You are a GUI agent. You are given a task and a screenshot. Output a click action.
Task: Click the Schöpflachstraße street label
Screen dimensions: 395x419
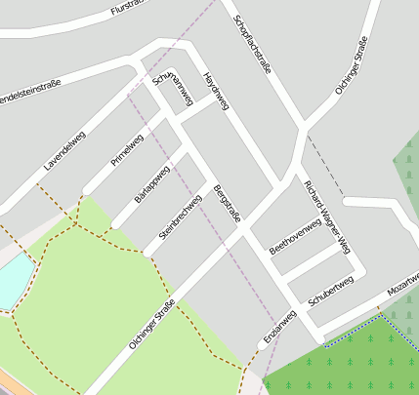coord(252,44)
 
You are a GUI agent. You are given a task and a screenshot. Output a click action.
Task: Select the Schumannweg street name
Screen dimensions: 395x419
coord(174,92)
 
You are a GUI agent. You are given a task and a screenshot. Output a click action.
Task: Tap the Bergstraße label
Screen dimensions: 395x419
coord(227,202)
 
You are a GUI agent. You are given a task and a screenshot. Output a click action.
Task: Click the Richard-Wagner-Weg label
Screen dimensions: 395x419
coord(326,217)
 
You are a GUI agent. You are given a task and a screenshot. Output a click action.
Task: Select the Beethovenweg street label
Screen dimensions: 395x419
coord(295,235)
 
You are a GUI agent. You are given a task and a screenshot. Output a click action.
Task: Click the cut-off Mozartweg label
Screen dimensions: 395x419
coord(402,285)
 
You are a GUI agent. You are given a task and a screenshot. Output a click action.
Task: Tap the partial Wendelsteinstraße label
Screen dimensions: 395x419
coord(30,91)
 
